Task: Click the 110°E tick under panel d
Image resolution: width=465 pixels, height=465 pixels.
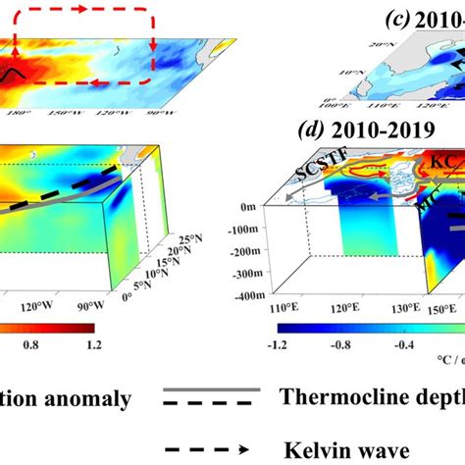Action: tap(263, 307)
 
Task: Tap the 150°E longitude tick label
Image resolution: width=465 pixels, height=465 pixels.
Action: tap(450, 307)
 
